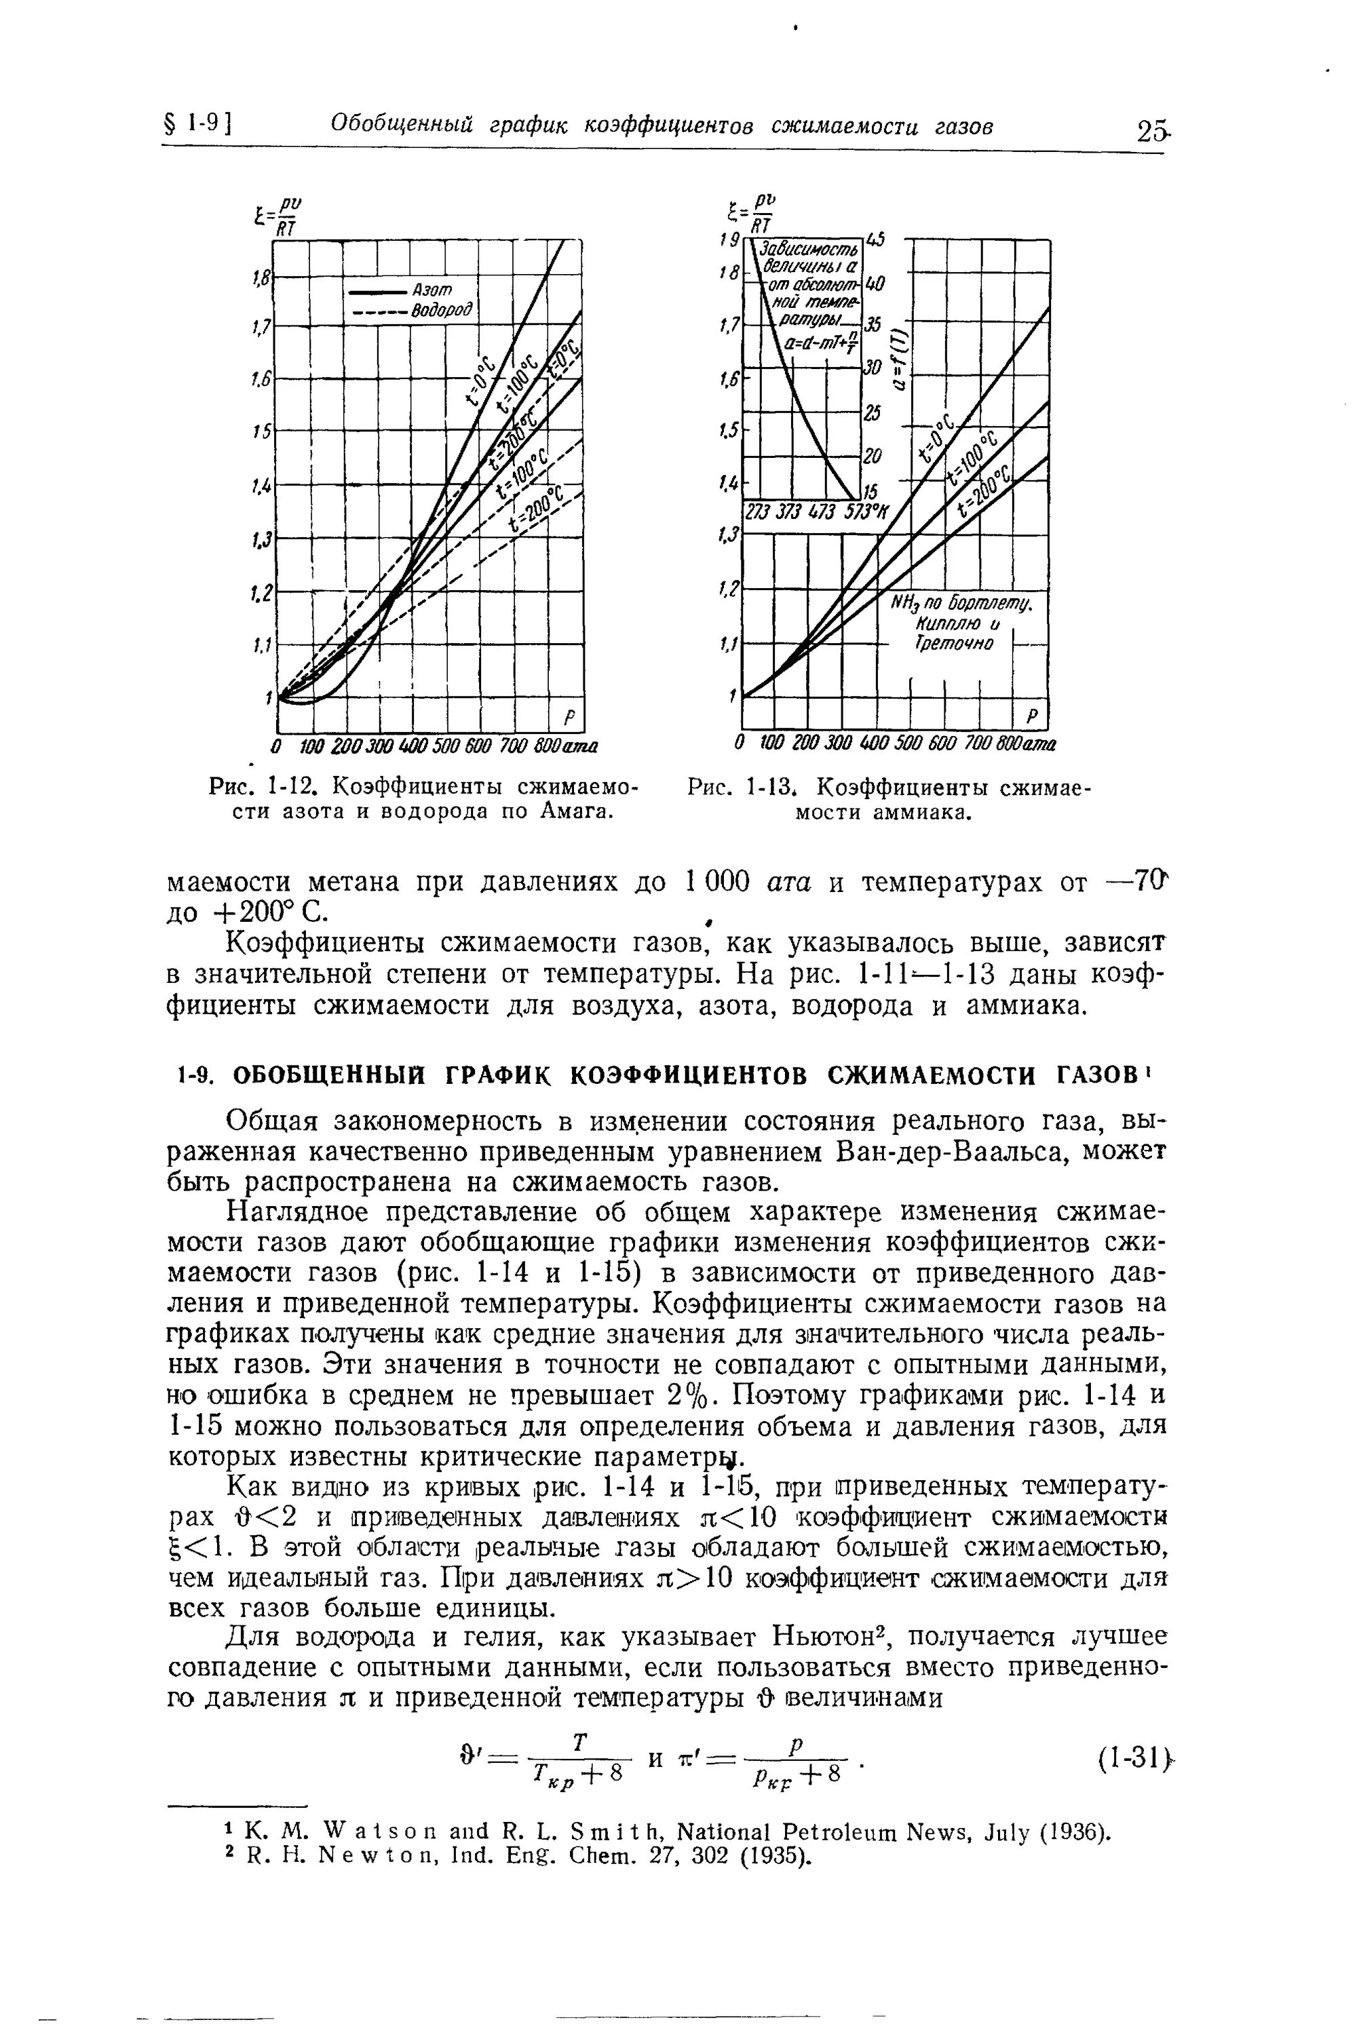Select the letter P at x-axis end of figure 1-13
click(x=1032, y=717)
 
